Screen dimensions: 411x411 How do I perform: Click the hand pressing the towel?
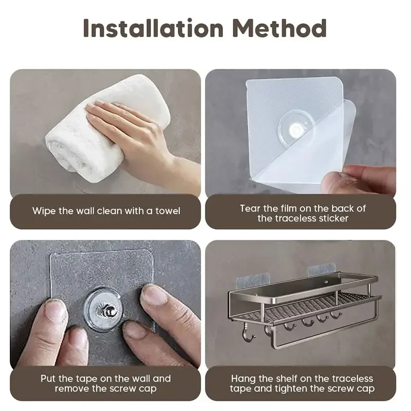(x=128, y=131)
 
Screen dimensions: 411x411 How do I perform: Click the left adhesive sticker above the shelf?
(x=251, y=278)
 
